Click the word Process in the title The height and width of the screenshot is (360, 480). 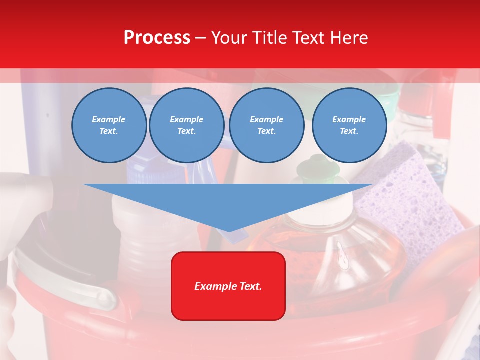(157, 38)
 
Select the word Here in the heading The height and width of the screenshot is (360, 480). (348, 38)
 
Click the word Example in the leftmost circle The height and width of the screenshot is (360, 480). (109, 119)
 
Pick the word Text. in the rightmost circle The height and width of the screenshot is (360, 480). (349, 131)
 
